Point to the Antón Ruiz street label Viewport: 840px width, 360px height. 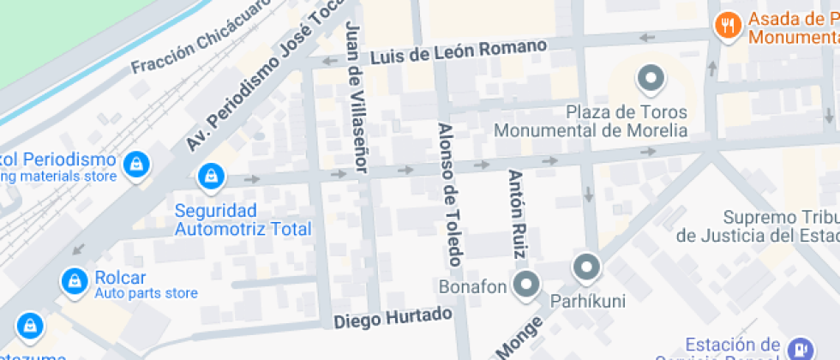click(x=517, y=213)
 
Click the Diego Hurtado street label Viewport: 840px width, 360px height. click(x=393, y=318)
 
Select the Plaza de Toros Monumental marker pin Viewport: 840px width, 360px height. click(x=651, y=80)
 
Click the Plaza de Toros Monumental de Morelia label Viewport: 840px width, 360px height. click(x=591, y=122)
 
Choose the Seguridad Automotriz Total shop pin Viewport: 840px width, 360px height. click(x=209, y=177)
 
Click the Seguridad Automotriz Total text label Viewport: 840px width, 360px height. click(x=243, y=219)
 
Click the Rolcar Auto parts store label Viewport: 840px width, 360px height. click(x=133, y=285)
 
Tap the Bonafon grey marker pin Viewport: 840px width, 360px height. click(x=525, y=285)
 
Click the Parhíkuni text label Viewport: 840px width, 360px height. click(x=587, y=301)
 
